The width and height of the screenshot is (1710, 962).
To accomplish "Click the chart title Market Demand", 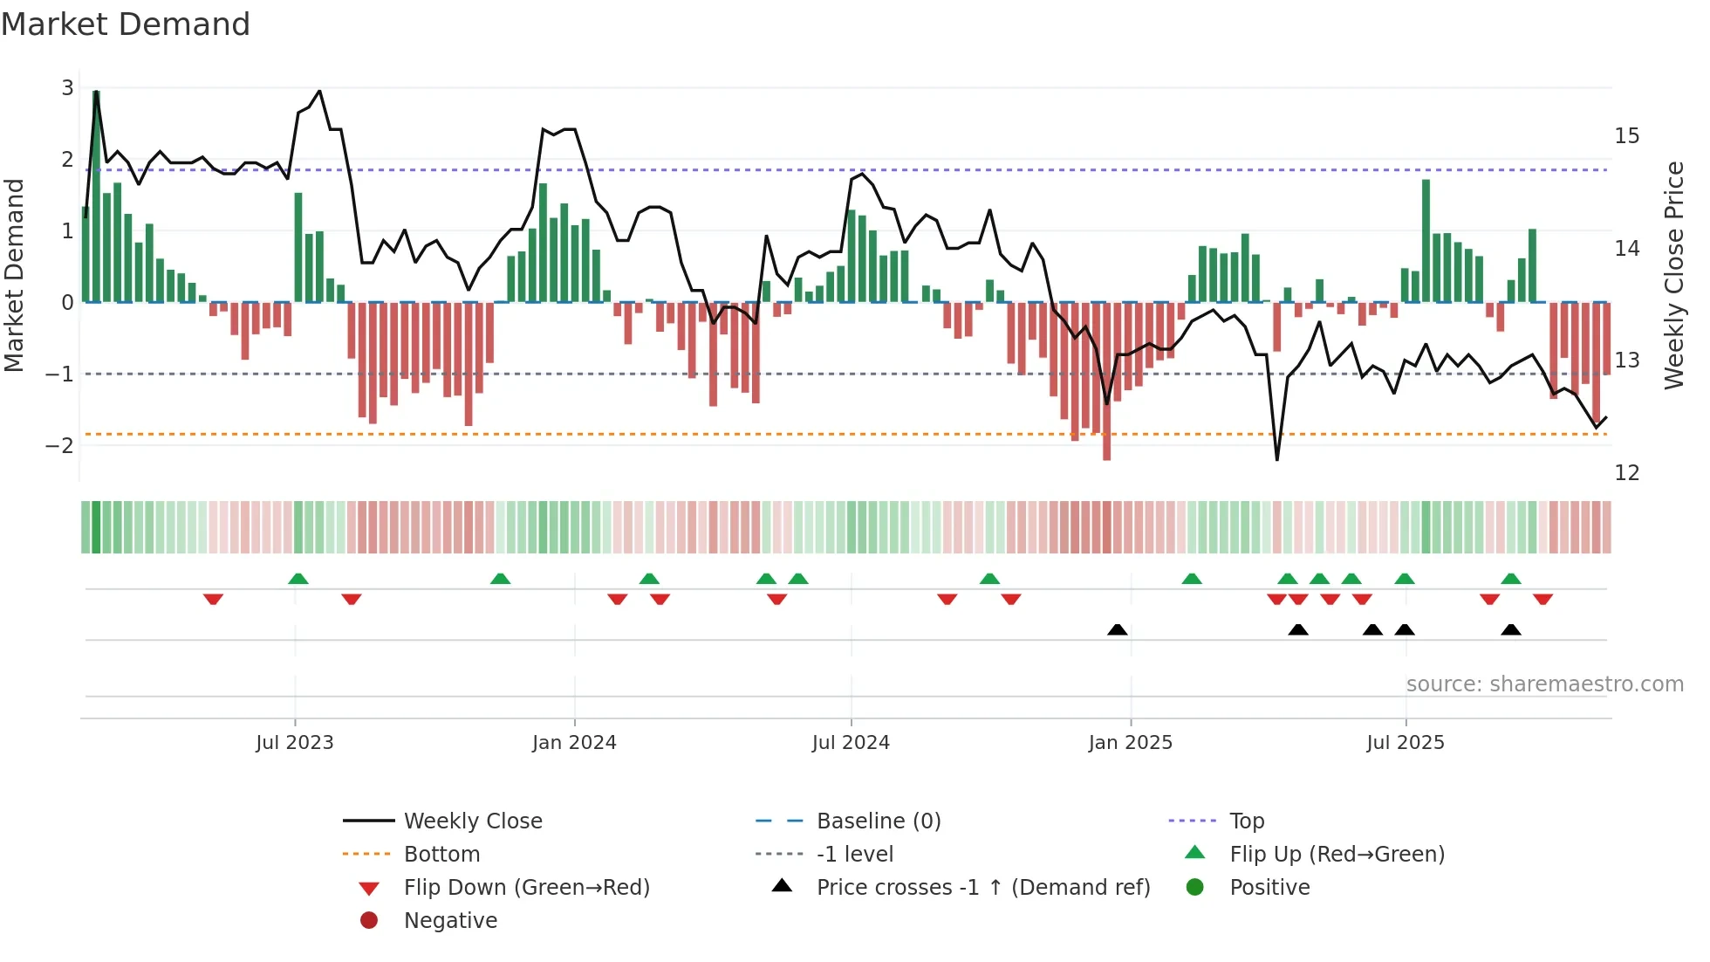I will (126, 24).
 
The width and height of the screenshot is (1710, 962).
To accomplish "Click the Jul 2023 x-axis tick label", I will (295, 743).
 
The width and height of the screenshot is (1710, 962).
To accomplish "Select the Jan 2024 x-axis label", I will (574, 743).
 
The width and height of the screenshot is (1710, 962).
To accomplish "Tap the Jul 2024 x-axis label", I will (851, 743).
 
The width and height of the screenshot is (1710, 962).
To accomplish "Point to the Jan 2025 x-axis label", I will (1131, 743).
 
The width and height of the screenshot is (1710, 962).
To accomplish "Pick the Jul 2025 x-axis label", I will (1406, 743).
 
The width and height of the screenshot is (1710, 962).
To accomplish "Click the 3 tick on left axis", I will (67, 88).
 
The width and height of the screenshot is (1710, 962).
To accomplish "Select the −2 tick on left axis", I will (60, 446).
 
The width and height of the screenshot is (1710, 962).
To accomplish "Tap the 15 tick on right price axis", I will (1627, 136).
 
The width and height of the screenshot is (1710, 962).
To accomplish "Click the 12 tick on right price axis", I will (1627, 473).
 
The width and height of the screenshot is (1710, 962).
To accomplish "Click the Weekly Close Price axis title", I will (1673, 275).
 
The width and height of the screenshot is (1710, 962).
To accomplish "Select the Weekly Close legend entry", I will (473, 821).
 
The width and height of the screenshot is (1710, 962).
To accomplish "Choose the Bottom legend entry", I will (441, 855).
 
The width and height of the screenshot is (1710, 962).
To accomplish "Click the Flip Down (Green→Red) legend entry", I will (526, 888).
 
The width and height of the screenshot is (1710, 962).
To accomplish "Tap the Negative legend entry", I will (450, 921).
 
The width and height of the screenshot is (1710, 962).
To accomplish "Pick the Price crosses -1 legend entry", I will (982, 888).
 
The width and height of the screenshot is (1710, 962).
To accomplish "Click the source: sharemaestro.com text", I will (1544, 684).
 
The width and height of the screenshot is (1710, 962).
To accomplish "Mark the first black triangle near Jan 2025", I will (1117, 629).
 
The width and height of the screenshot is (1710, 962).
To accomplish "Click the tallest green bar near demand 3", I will (96, 196).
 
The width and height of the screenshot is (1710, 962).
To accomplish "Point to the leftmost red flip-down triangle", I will (213, 599).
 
